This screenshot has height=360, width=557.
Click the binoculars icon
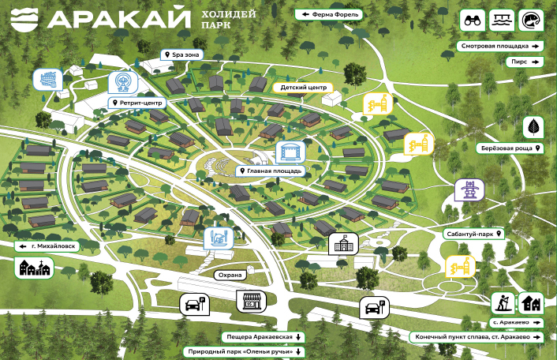[x=474, y=21]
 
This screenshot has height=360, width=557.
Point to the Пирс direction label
[x=525, y=61]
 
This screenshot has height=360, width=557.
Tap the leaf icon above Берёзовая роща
[x=534, y=126]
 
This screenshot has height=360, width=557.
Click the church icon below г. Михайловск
[x=35, y=268]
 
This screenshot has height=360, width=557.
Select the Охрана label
[x=230, y=275]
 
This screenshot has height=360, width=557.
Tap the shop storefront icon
[x=251, y=301]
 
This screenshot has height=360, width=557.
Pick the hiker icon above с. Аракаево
[x=503, y=303]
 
